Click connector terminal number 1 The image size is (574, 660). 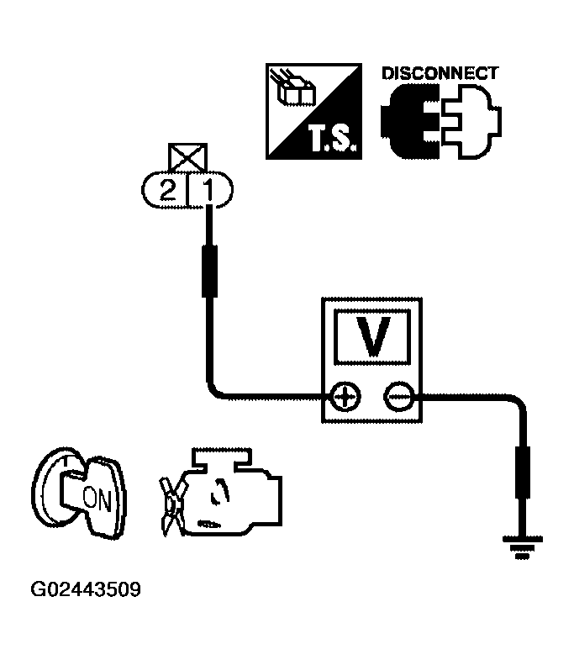pyautogui.click(x=209, y=191)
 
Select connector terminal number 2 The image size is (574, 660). pyautogui.click(x=169, y=191)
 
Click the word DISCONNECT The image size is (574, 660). pyautogui.click(x=439, y=73)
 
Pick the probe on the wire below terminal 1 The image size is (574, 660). pyautogui.click(x=209, y=270)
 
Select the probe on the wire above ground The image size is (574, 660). pyautogui.click(x=522, y=475)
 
